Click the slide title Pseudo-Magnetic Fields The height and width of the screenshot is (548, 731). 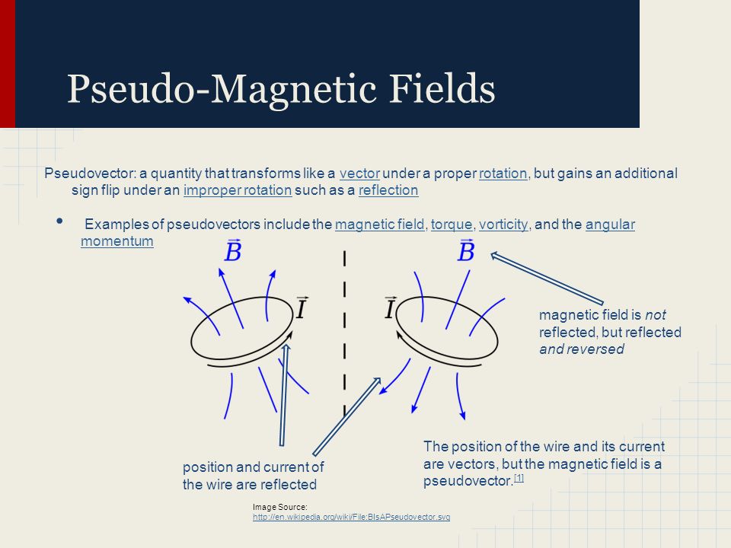[x=281, y=88]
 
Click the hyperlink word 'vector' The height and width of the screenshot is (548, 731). [x=359, y=174]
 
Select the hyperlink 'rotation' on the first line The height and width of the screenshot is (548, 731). [x=503, y=174]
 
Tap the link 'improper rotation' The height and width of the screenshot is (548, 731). [x=238, y=190]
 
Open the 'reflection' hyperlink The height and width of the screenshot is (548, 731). [x=388, y=190]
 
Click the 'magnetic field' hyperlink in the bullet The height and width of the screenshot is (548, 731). [x=379, y=225]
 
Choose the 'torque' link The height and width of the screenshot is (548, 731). [x=452, y=225]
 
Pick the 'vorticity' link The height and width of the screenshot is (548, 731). [x=503, y=225]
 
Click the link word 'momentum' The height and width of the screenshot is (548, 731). [x=117, y=242]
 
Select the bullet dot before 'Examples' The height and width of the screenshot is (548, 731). [x=61, y=221]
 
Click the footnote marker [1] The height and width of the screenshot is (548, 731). [x=519, y=478]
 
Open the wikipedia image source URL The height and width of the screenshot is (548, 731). [x=351, y=517]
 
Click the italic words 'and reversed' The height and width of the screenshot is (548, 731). [x=582, y=349]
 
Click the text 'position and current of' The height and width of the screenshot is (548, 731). [x=253, y=467]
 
